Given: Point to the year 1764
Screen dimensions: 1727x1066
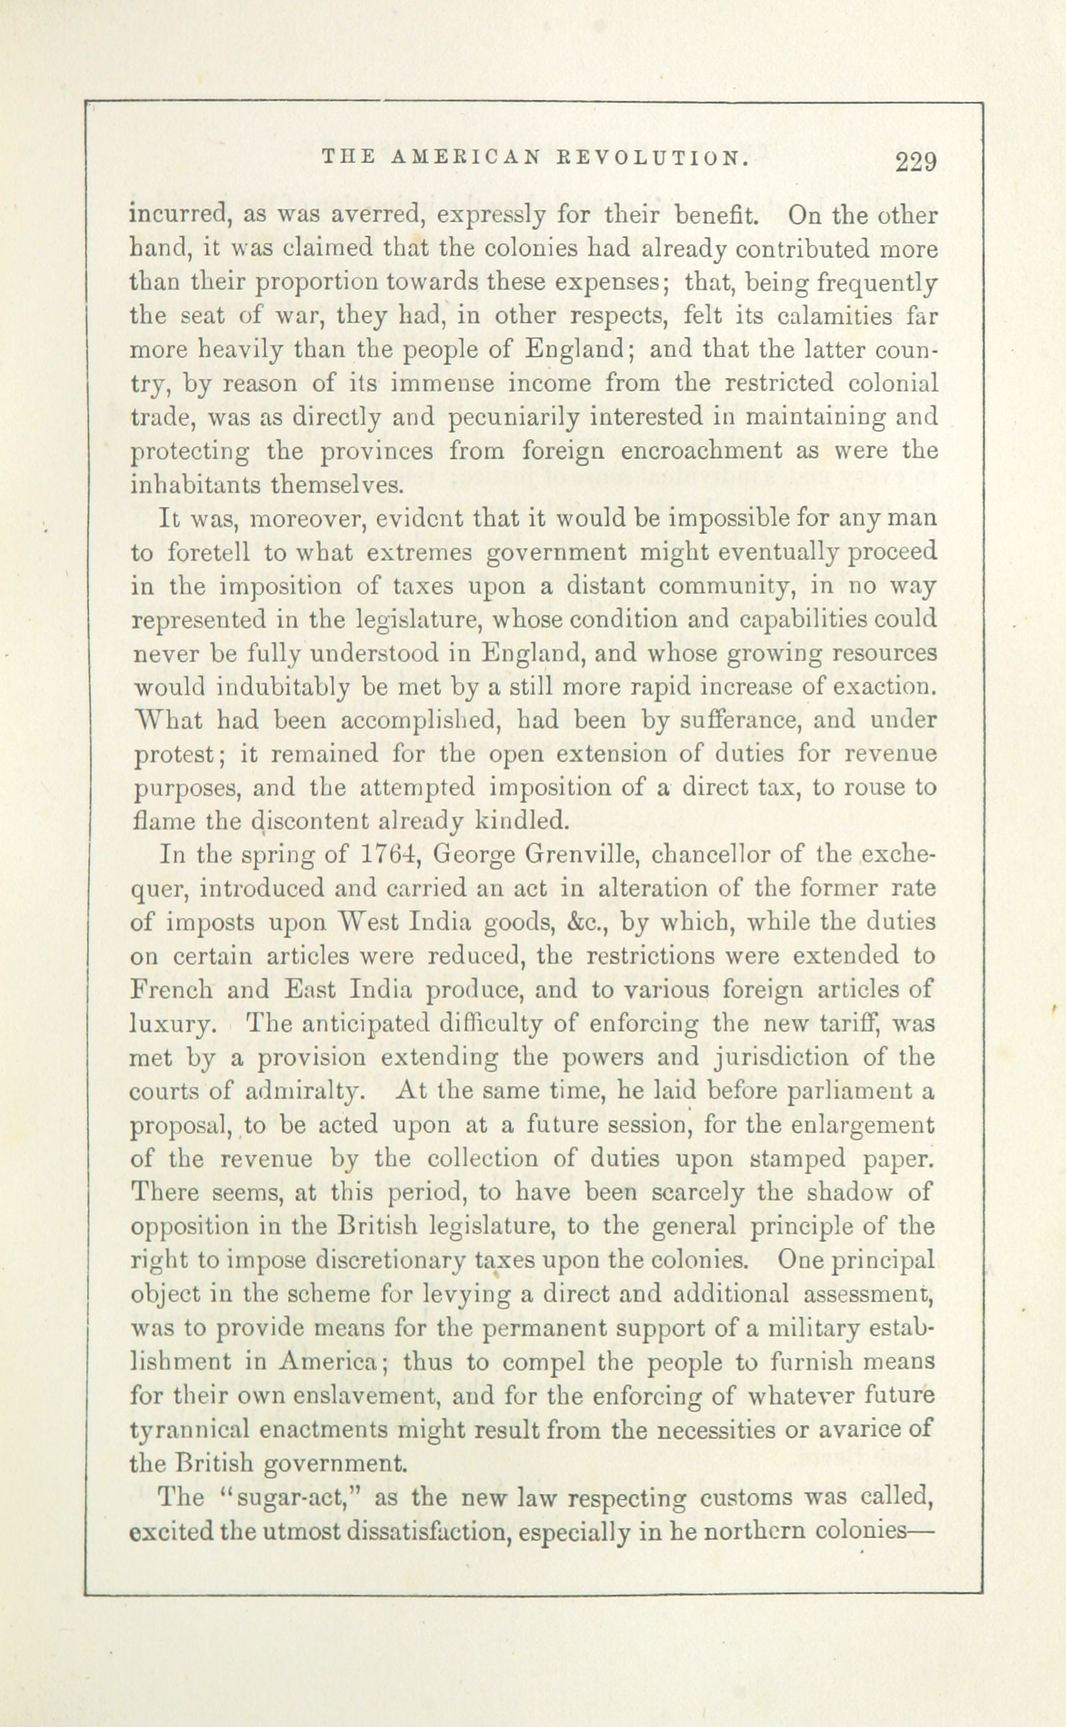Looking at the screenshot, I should point(390,855).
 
